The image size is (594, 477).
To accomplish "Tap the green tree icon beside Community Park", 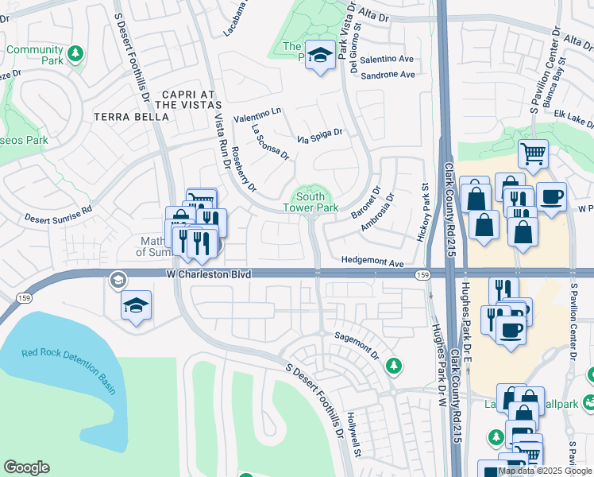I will point(75,53).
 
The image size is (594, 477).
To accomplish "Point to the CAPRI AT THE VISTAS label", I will point(187,99).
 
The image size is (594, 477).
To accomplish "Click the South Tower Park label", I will point(310,202).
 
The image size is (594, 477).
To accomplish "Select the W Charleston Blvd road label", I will point(209,273).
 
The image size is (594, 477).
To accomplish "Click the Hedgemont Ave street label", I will point(373,261).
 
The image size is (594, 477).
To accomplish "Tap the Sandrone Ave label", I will point(388,75).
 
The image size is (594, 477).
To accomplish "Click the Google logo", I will point(26,467).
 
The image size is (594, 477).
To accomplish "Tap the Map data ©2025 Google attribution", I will point(544,471).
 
